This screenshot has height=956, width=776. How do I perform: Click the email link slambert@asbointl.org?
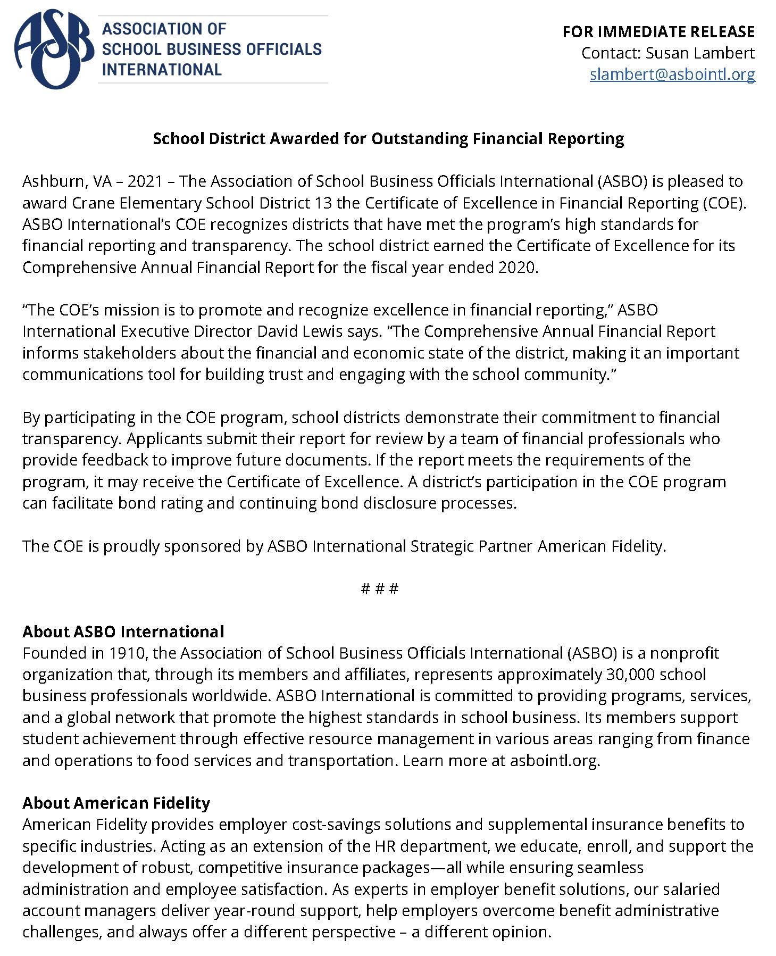click(x=672, y=74)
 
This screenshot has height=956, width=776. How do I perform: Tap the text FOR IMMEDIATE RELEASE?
click(x=658, y=32)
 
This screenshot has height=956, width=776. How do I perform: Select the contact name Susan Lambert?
click(x=700, y=53)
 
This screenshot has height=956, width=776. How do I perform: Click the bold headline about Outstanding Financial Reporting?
click(x=388, y=138)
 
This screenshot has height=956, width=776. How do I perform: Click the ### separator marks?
click(x=379, y=589)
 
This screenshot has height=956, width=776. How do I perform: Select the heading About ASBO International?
click(x=123, y=631)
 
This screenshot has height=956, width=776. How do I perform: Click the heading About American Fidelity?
click(x=116, y=802)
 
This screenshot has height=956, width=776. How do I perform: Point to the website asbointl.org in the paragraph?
click(x=554, y=760)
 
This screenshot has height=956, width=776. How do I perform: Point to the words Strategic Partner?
click(x=471, y=546)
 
